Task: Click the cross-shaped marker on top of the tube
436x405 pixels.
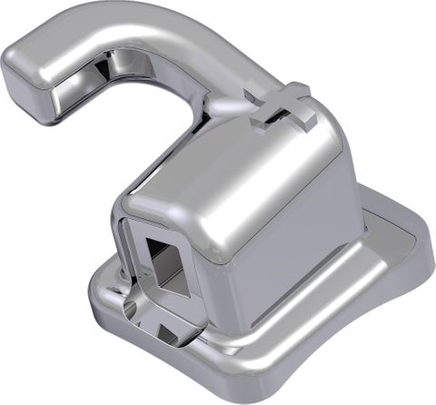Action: (x=283, y=107)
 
